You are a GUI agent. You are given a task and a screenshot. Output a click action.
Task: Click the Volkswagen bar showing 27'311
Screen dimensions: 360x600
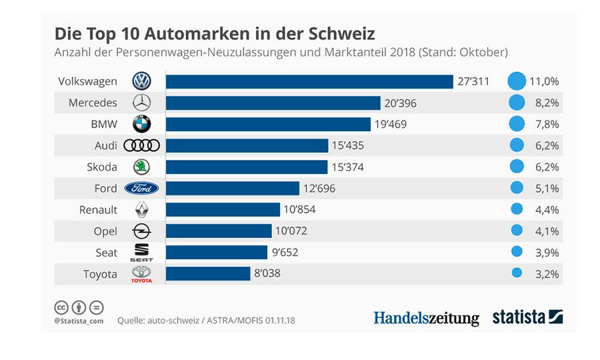(309, 81)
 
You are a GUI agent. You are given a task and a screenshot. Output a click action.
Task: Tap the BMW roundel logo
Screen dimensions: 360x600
(142, 124)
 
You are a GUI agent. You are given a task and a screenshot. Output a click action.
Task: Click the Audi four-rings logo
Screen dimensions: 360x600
(142, 145)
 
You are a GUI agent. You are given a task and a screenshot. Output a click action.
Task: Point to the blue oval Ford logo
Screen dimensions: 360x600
(142, 188)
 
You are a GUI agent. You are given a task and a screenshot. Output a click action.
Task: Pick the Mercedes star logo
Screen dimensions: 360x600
(142, 103)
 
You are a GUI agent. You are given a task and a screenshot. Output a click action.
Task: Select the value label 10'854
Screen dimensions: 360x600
(299, 209)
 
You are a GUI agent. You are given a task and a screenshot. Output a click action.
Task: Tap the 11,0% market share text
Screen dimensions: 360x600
(543, 81)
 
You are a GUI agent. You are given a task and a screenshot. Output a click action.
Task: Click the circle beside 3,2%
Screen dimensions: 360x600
(516, 273)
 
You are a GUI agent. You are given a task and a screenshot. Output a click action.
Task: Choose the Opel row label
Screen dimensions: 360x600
(105, 231)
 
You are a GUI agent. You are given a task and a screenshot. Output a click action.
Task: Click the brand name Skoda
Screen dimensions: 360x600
(103, 167)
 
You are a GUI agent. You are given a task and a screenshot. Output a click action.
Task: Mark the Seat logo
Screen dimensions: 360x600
(142, 252)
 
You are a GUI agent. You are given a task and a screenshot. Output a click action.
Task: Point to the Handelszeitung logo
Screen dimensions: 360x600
(426, 317)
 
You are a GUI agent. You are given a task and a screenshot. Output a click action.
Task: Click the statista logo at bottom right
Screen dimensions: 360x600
(527, 317)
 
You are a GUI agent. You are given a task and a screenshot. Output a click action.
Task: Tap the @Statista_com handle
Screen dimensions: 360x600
(79, 321)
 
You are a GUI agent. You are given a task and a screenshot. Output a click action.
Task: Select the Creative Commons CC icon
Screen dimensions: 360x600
(61, 307)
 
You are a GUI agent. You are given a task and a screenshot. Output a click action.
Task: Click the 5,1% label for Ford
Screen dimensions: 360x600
(543, 188)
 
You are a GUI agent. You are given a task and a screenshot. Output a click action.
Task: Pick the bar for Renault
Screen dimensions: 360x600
(223, 209)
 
